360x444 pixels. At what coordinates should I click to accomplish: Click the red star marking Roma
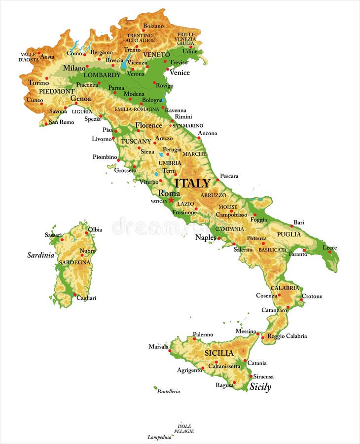click(171, 200)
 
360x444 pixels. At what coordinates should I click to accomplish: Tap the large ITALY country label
click(193, 183)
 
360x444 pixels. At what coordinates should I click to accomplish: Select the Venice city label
click(180, 73)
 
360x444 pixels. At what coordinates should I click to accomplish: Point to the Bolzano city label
click(153, 26)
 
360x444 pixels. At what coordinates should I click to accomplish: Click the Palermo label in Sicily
click(203, 334)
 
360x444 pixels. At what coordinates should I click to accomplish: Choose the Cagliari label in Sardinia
click(86, 298)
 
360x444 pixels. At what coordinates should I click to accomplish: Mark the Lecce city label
click(330, 247)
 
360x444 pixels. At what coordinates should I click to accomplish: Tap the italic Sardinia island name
click(40, 255)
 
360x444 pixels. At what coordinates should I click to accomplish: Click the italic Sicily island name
click(260, 387)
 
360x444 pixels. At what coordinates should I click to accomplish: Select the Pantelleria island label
click(168, 391)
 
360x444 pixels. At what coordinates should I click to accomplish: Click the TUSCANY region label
click(136, 141)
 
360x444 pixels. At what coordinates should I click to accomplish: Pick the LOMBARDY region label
click(102, 75)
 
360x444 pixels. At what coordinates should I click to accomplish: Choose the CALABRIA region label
click(285, 288)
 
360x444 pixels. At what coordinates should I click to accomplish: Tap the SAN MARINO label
click(188, 126)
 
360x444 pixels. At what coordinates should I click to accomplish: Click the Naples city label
click(206, 237)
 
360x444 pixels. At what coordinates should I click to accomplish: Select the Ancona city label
click(207, 133)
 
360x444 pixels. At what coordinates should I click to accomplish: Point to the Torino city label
click(38, 83)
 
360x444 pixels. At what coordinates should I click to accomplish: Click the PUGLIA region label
click(288, 234)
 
